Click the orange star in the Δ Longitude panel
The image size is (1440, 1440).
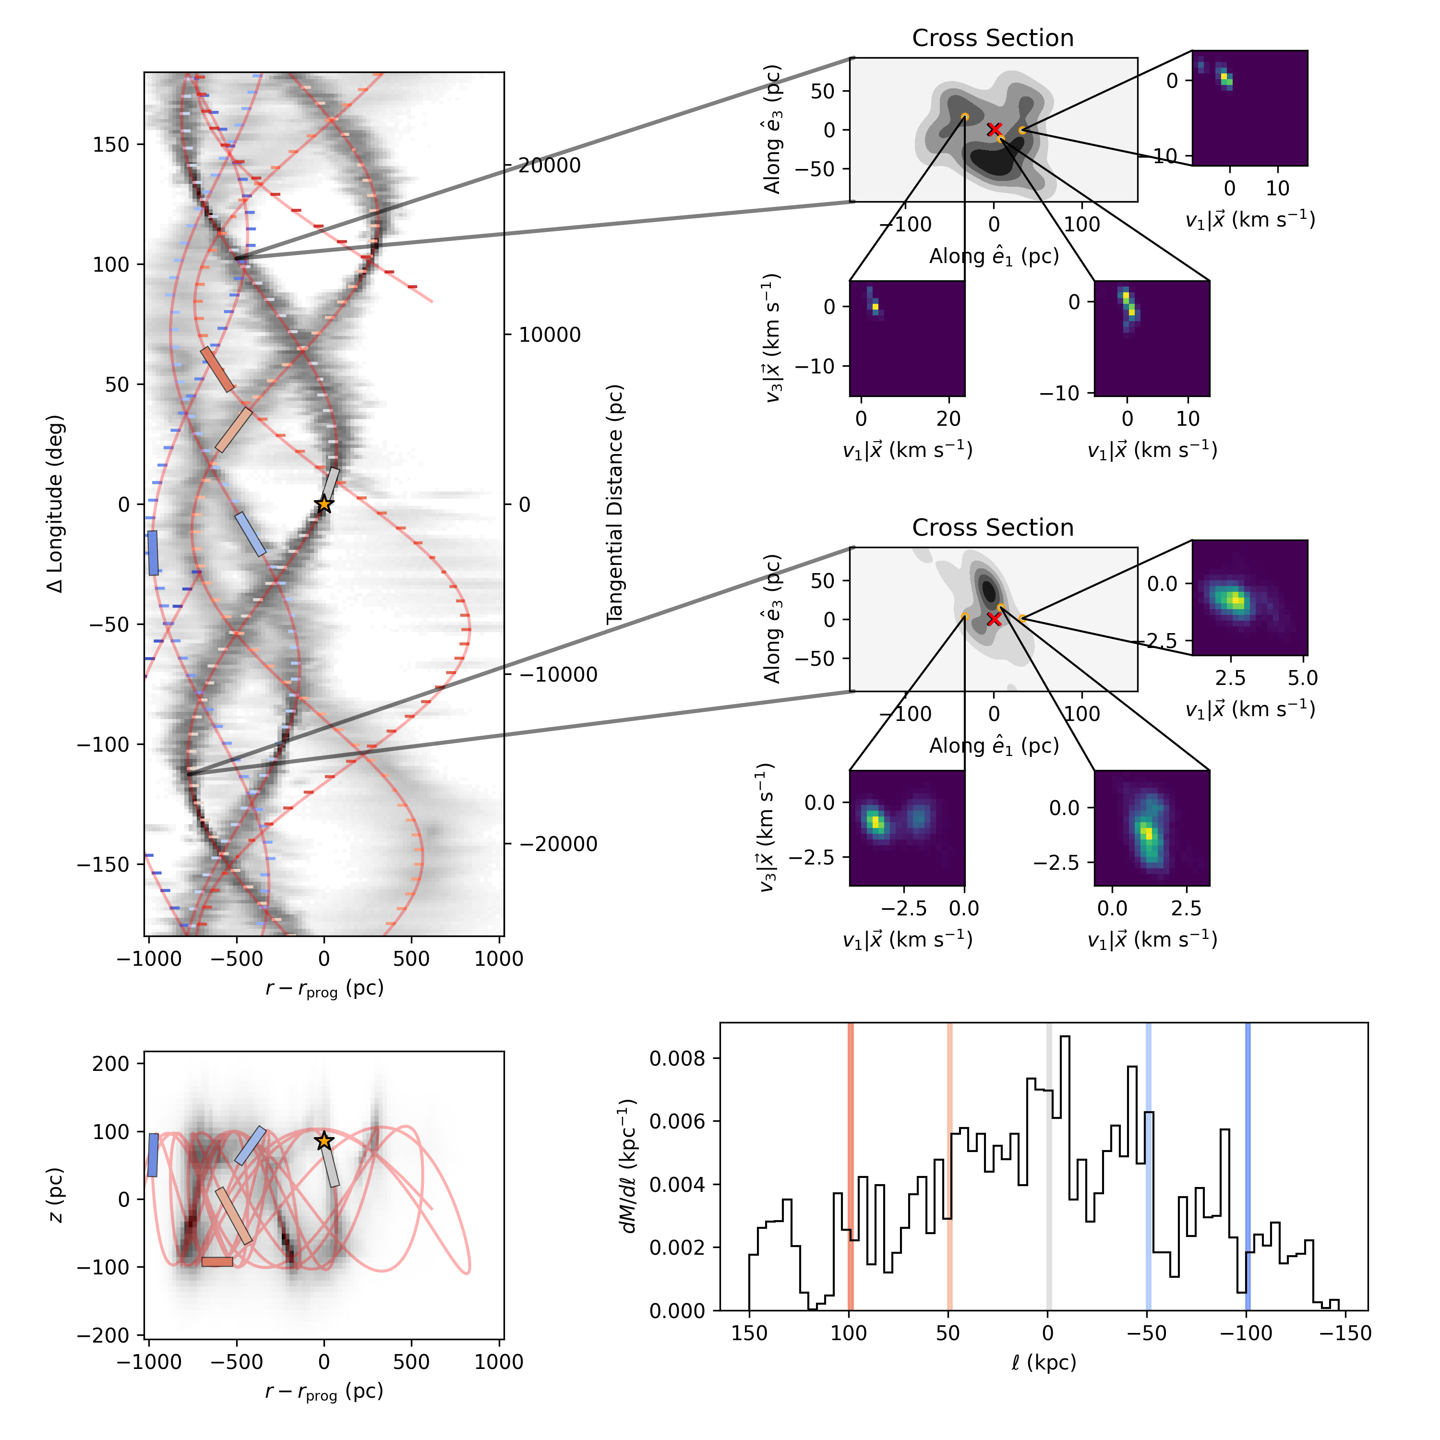[x=324, y=504]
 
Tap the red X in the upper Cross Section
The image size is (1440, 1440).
[x=994, y=130]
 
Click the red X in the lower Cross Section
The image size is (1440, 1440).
[x=994, y=619]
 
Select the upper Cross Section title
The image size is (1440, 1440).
[x=993, y=38]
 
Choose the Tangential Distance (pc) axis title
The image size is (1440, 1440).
[x=614, y=504]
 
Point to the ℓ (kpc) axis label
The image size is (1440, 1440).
[x=1044, y=1363]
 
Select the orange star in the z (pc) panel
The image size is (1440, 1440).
[x=324, y=1141]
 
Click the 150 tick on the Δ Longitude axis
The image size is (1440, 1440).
[x=110, y=144]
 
